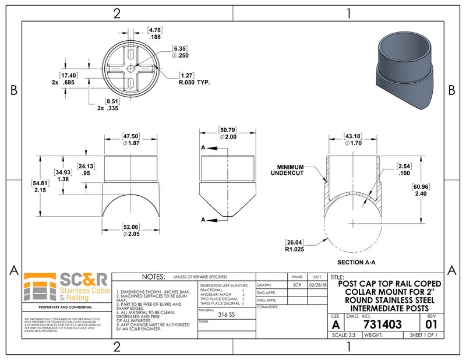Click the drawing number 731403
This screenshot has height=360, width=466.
[x=382, y=324]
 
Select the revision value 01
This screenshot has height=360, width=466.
[x=431, y=324]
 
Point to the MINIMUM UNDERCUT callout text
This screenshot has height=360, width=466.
[x=291, y=170]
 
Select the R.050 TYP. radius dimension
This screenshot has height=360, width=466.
[x=195, y=83]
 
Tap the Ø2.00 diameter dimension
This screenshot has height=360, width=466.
[x=228, y=136]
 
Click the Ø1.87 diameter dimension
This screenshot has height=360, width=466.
[x=130, y=143]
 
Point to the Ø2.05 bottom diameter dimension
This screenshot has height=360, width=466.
[x=130, y=234]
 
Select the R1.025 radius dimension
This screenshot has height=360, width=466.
[x=297, y=249]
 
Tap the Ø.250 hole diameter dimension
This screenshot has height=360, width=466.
[x=179, y=55]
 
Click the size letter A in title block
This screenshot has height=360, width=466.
[x=336, y=324]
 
